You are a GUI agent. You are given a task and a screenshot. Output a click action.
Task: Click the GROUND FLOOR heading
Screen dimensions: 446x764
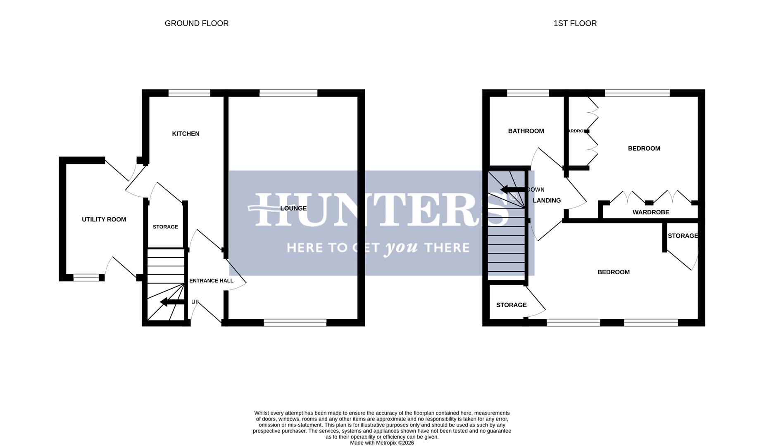(196, 24)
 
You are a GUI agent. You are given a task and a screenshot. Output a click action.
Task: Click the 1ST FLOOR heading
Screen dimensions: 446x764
(575, 24)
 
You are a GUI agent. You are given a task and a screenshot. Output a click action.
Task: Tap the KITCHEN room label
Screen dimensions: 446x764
(186, 134)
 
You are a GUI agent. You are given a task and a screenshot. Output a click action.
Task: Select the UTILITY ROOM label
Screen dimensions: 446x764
(104, 220)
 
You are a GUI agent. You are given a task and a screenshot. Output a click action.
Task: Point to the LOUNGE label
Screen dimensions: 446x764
(293, 209)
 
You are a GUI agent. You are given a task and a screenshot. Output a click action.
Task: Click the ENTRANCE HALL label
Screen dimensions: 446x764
(211, 281)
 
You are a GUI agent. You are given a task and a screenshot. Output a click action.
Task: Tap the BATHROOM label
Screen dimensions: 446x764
(526, 131)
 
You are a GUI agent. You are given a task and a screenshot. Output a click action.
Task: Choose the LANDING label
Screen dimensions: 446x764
(546, 201)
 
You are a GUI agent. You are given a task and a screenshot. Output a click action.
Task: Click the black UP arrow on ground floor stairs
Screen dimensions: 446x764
(171, 302)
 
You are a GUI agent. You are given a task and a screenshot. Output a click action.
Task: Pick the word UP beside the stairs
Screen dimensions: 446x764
(195, 302)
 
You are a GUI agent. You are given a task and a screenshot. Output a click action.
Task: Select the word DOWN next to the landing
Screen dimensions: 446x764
(536, 190)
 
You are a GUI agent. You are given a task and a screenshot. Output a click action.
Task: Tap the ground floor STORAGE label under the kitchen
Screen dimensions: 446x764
(165, 227)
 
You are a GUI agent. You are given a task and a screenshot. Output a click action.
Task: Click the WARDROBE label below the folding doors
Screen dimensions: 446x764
(650, 212)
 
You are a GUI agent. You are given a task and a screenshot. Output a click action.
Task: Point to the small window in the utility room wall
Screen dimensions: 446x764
(86, 278)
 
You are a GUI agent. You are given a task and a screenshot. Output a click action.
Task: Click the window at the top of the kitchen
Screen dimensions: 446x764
(189, 93)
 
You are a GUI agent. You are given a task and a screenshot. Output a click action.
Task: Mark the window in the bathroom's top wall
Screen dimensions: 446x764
(528, 93)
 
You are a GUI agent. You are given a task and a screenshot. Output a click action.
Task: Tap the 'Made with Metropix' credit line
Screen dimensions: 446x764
(381, 443)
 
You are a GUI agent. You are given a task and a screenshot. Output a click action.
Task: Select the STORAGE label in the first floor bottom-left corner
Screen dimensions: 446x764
(511, 305)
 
